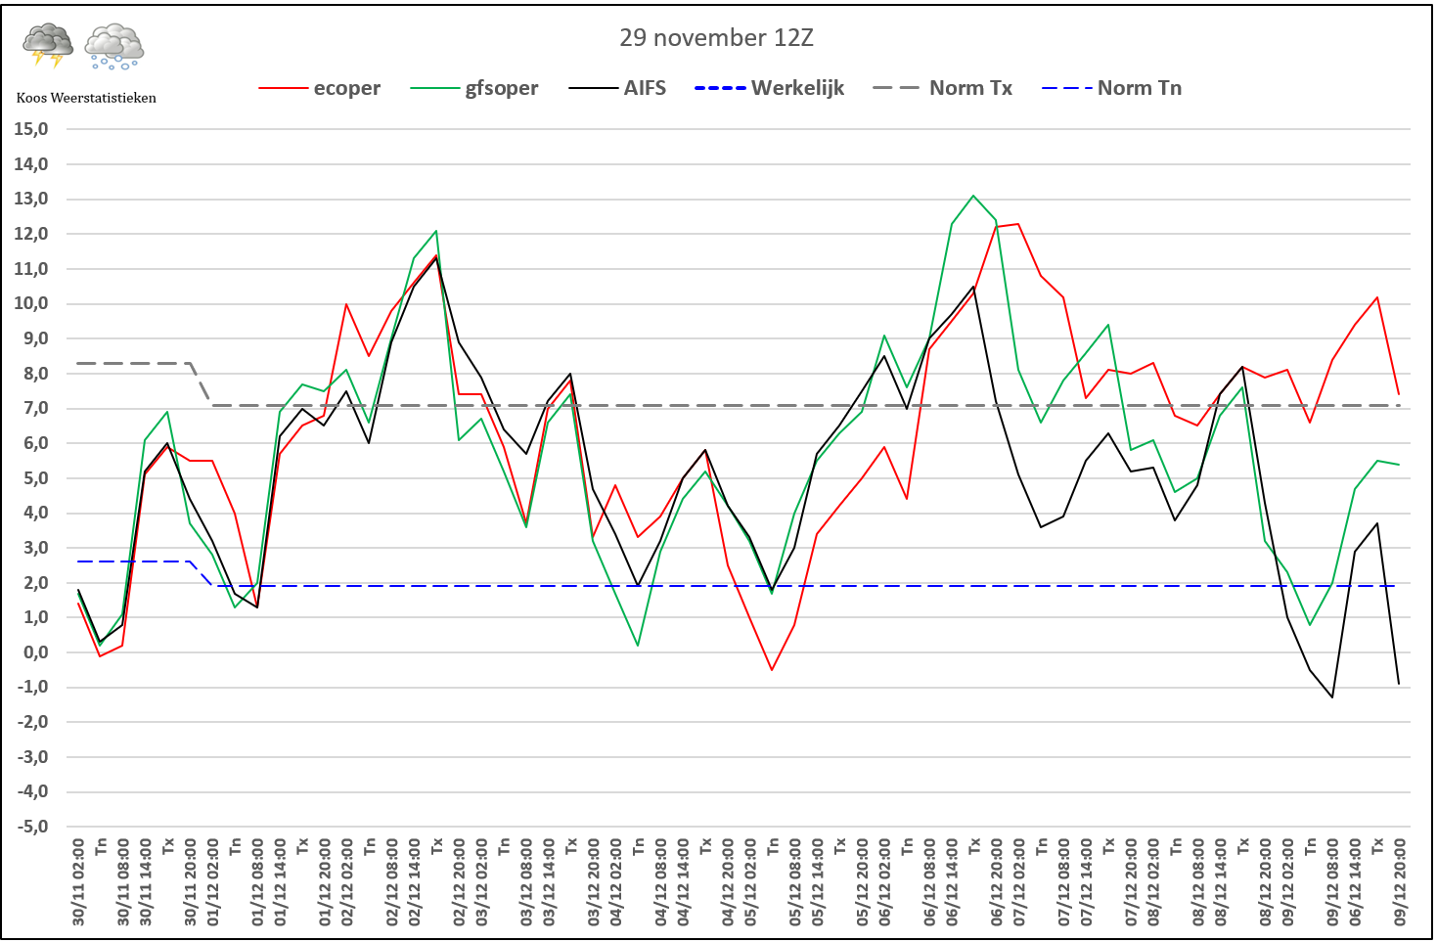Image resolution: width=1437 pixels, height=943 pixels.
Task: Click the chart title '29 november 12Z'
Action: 716,38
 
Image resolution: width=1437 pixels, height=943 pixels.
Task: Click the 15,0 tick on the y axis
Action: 31,129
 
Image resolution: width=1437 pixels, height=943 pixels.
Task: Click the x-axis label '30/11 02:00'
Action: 79,880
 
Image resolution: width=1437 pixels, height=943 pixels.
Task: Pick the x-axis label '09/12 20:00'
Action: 1400,880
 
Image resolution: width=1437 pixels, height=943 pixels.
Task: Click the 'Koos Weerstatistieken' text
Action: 86,98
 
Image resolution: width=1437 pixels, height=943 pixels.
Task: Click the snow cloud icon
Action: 114,46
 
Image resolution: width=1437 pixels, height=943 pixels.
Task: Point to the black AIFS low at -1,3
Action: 1332,697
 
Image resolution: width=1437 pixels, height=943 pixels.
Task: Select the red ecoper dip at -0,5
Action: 772,670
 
